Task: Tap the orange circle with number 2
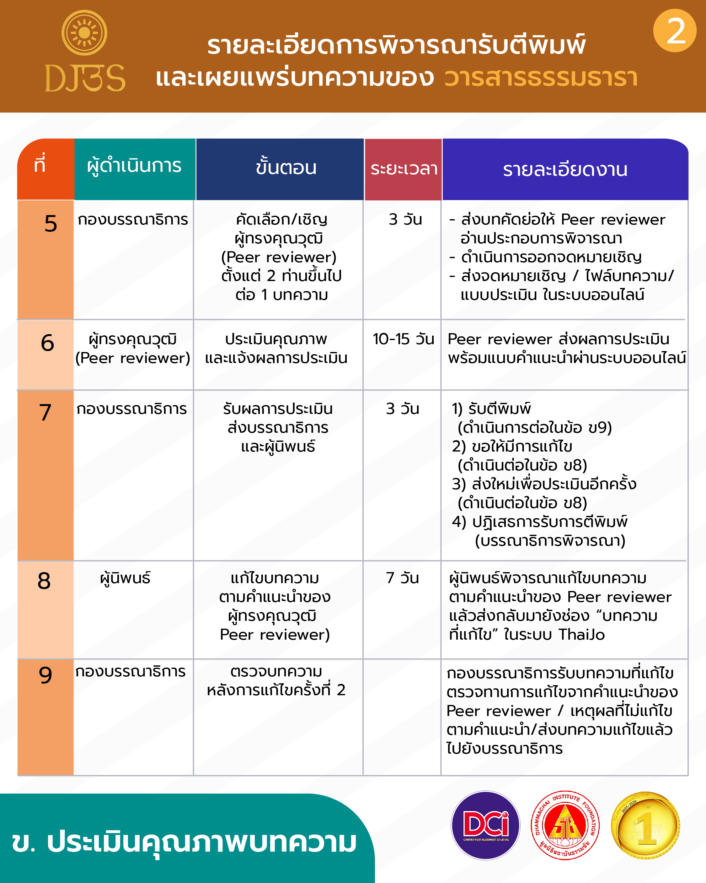pyautogui.click(x=675, y=31)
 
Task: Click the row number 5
pyautogui.click(x=51, y=224)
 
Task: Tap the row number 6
pyautogui.click(x=47, y=343)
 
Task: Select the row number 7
pyautogui.click(x=45, y=412)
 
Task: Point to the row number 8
pyautogui.click(x=44, y=581)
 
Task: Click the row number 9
pyautogui.click(x=45, y=675)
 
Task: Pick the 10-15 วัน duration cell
pyautogui.click(x=403, y=339)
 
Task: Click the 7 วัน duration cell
pyautogui.click(x=402, y=578)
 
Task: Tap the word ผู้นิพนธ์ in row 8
pyautogui.click(x=125, y=578)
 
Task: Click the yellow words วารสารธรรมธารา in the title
pyautogui.click(x=541, y=78)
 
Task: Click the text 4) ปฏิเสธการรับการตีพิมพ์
pyautogui.click(x=539, y=522)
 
